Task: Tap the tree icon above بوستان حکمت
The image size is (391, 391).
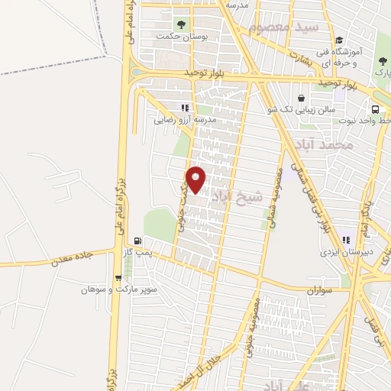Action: [181, 24]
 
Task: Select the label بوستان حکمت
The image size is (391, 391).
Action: [177, 36]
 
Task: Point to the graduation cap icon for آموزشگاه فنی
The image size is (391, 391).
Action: [339, 40]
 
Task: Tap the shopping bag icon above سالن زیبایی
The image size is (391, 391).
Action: [302, 99]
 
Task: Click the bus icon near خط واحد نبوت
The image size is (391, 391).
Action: [376, 109]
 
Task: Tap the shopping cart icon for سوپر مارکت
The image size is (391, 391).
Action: [118, 278]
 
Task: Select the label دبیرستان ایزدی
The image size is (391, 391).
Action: [347, 251]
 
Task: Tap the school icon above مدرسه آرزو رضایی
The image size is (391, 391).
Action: [183, 108]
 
